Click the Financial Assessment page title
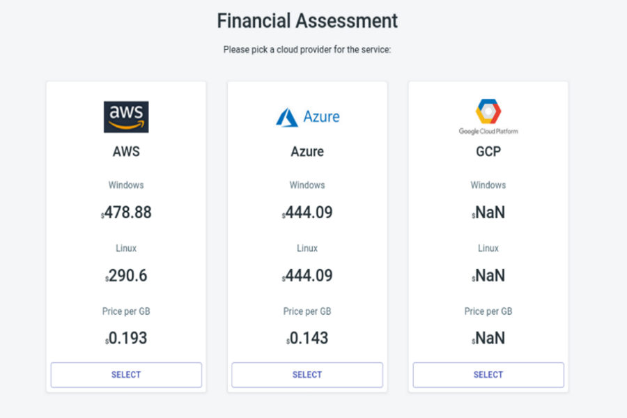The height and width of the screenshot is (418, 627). click(307, 21)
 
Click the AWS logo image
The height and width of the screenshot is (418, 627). click(126, 116)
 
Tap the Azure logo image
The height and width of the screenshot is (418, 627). click(307, 116)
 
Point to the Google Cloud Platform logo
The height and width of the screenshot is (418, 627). click(488, 116)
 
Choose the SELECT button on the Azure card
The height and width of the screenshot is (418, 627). click(307, 375)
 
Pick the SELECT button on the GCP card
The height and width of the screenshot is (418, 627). click(488, 375)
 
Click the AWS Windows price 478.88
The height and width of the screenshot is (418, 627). click(127, 212)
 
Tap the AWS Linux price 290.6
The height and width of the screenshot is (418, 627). click(127, 276)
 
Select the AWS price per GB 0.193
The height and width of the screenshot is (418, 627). click(127, 339)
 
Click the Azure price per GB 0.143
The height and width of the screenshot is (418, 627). click(309, 339)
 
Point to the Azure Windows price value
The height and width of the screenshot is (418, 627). click(309, 212)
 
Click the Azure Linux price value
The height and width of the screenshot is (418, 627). click(309, 276)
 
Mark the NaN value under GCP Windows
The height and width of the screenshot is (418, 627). click(490, 212)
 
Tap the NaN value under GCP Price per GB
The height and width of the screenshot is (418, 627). click(490, 339)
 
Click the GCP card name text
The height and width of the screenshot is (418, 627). click(488, 151)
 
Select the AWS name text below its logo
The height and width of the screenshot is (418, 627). click(126, 151)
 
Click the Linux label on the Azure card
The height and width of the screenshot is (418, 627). click(307, 248)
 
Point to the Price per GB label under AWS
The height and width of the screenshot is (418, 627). click(126, 311)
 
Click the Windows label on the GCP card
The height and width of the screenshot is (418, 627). click(488, 185)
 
